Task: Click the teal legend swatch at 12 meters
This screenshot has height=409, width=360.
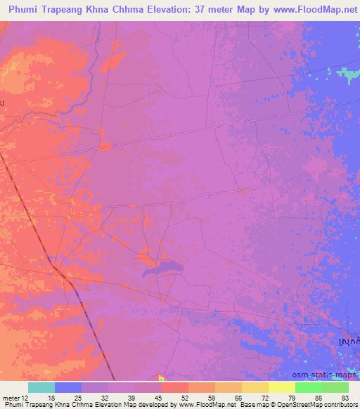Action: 41,387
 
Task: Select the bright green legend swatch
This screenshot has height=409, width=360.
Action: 309,387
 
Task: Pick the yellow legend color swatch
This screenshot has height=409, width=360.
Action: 282,387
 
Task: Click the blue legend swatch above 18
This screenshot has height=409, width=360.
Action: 68,387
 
